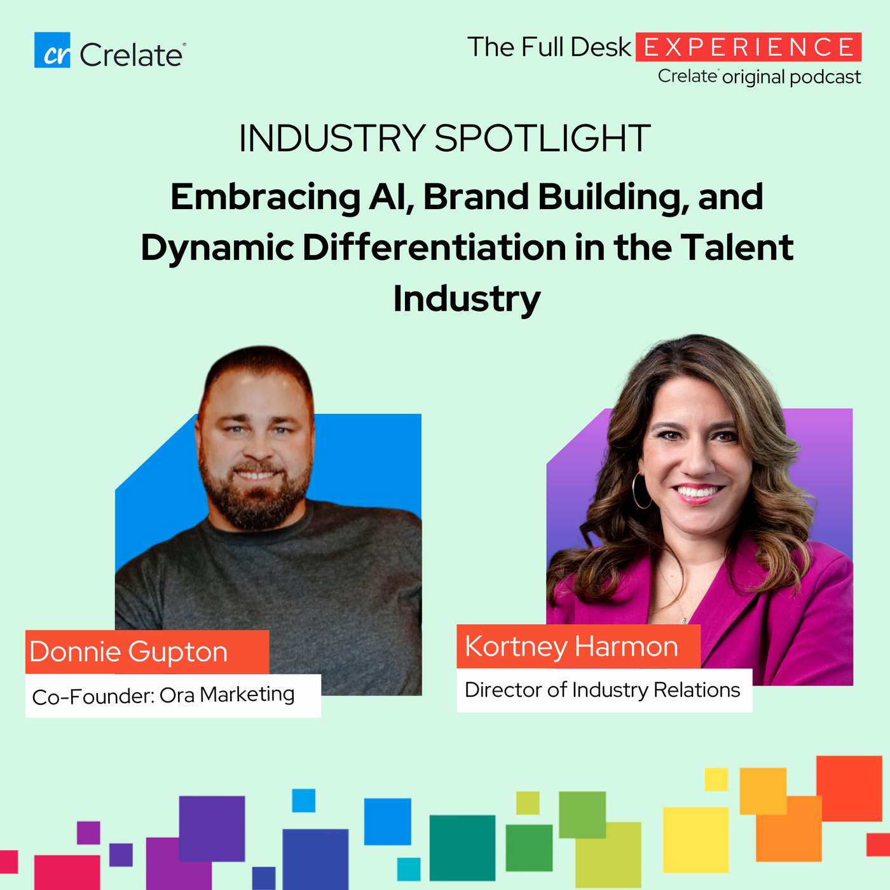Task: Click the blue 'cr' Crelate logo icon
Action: coord(52,50)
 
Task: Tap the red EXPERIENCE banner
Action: coord(748,47)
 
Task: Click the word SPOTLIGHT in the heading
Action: coord(542,138)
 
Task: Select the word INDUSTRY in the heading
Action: coord(332,138)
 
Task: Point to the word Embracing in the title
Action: coord(265,197)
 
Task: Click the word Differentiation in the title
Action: coord(434,247)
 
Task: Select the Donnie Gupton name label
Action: coord(147,652)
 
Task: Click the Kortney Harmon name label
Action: coord(578,646)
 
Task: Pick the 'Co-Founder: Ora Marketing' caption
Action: coord(173,695)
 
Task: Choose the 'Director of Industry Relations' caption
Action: coord(604,690)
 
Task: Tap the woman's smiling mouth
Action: coord(697,491)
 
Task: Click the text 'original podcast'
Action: coord(791,77)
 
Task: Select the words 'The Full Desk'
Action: coord(549,47)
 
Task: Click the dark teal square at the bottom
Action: coord(462,847)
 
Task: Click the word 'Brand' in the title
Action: coord(476,197)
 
